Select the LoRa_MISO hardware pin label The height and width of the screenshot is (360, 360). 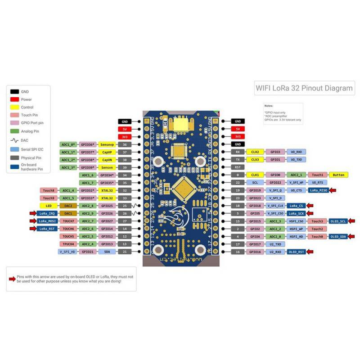click(317, 190)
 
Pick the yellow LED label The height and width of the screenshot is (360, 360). click(48, 205)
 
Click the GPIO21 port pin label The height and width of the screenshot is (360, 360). click(87, 251)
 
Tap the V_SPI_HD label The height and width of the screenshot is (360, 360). click(67, 251)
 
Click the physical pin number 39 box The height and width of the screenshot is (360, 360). click(125, 167)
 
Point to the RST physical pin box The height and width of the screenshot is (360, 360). click(237, 167)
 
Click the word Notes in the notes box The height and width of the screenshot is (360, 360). click(269, 105)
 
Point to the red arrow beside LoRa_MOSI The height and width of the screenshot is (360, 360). click(33, 220)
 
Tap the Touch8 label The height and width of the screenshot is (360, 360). click(48, 190)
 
